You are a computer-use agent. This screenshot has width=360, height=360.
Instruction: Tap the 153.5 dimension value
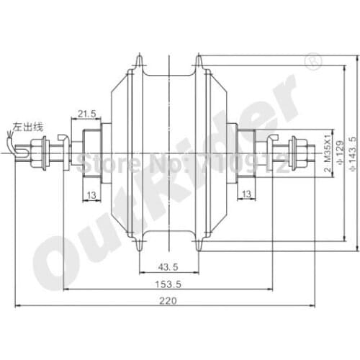(167, 284)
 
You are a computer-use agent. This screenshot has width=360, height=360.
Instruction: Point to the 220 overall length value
(167, 302)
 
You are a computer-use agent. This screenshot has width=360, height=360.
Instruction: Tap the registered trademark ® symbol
(313, 64)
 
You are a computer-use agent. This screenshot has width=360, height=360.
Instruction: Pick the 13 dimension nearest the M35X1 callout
(246, 194)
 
